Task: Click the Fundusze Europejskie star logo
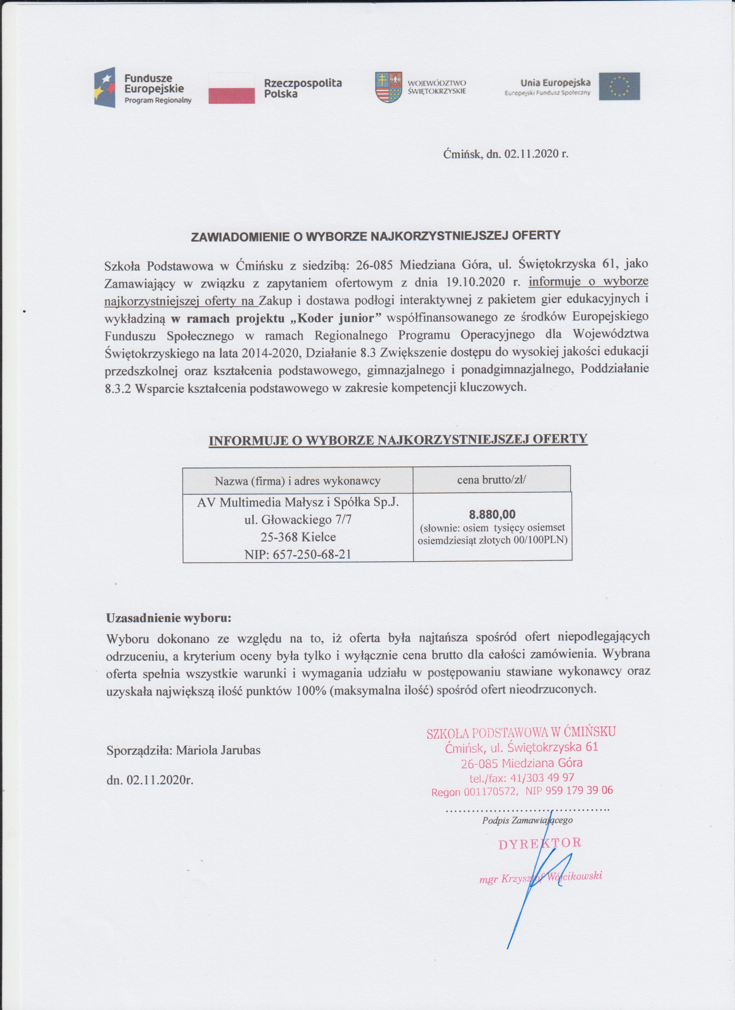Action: coord(104,87)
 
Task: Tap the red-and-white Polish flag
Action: coord(232,88)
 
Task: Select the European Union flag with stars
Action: coord(619,86)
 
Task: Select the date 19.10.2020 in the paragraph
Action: coord(477,282)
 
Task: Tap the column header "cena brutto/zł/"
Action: coord(491,480)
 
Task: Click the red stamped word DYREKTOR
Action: coord(540,843)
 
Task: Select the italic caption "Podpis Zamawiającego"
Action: coord(527,820)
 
